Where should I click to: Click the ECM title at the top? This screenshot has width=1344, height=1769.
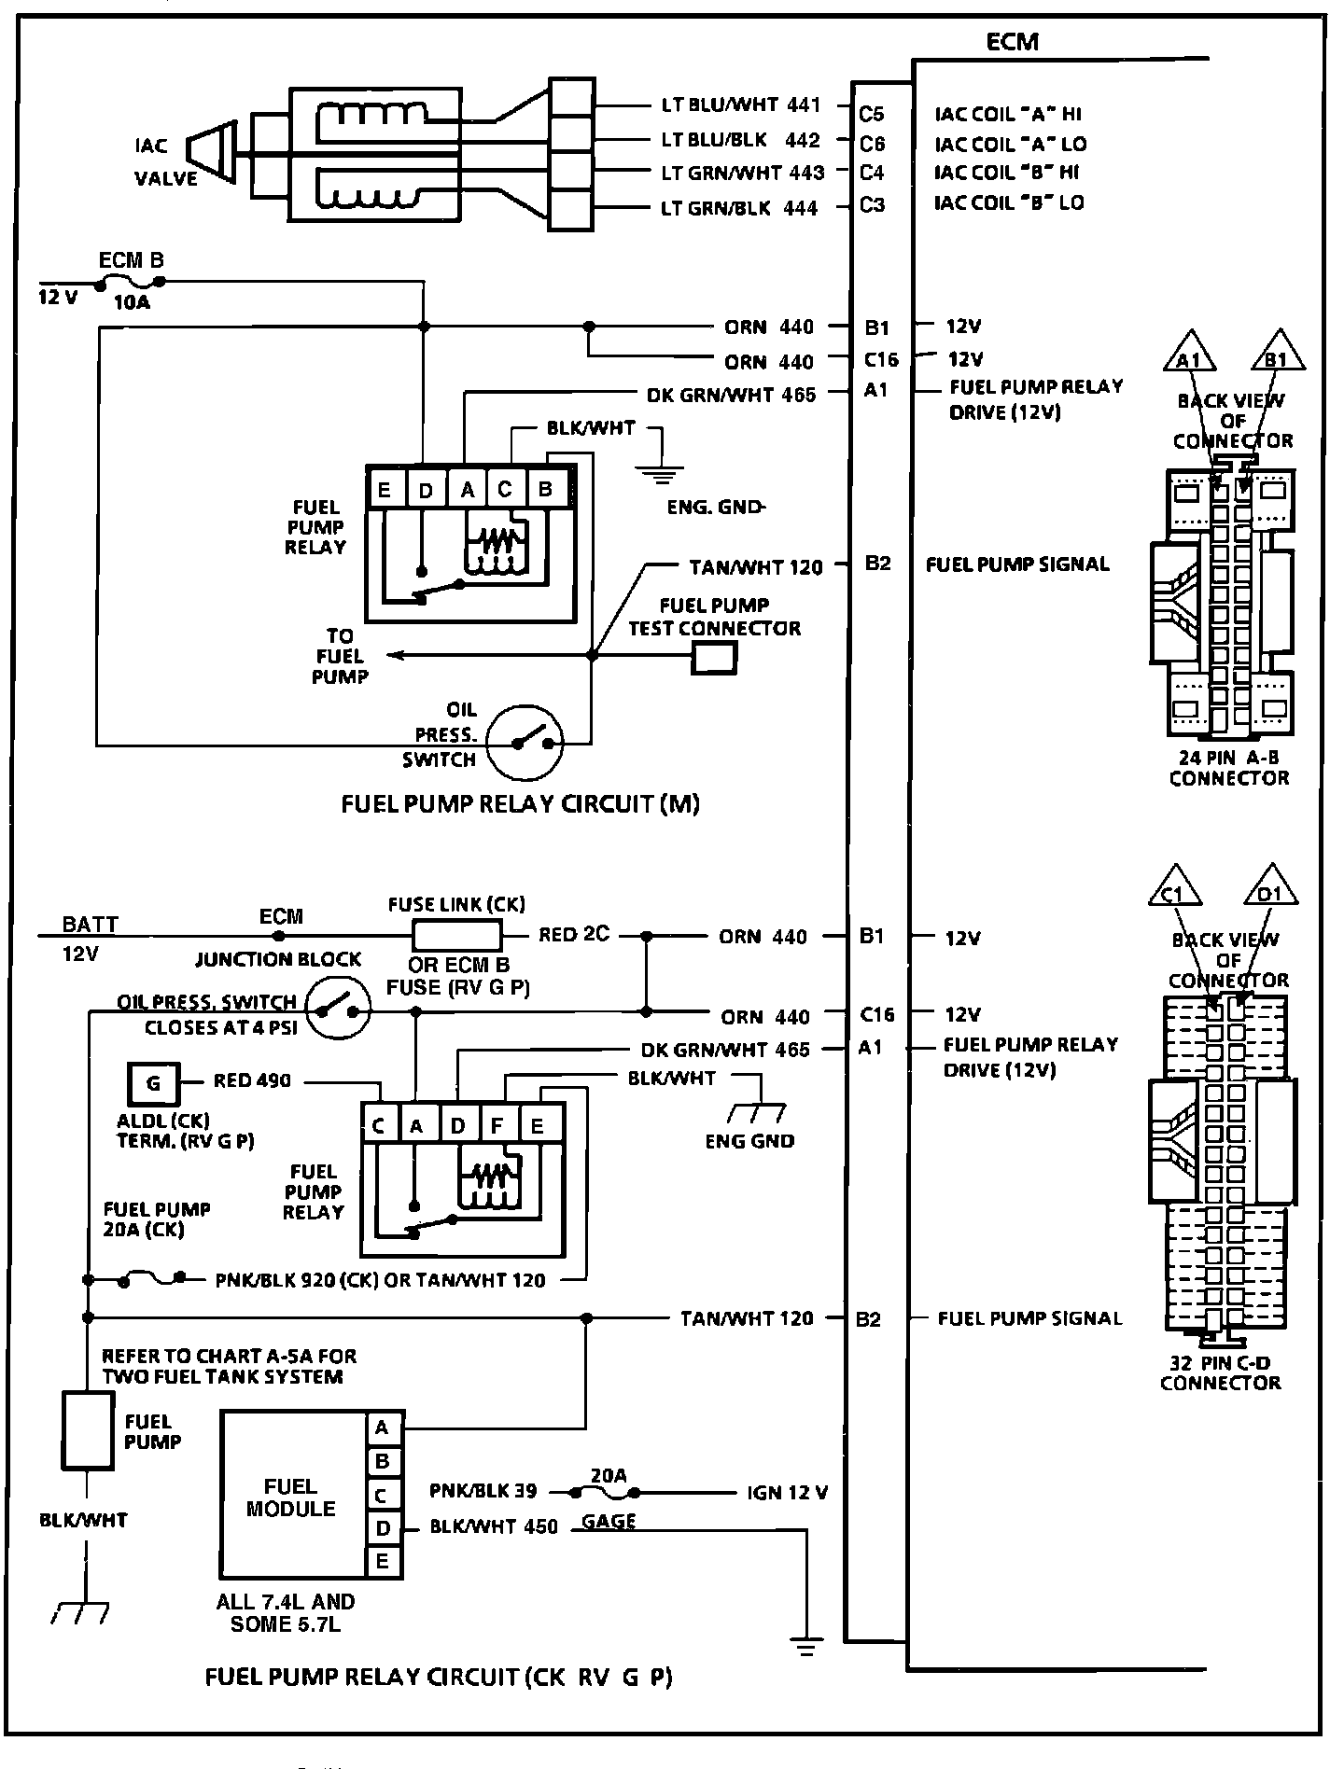click(x=1012, y=42)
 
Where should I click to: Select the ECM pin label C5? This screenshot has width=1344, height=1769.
click(x=871, y=114)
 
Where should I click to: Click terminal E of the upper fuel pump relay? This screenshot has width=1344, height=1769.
click(x=384, y=489)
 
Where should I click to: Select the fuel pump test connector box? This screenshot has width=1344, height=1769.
click(x=714, y=660)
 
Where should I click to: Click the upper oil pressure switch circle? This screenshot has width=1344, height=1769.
click(x=526, y=742)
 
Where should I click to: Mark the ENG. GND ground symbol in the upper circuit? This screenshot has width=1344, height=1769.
click(x=663, y=474)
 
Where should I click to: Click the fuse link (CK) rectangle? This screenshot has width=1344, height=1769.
click(x=456, y=934)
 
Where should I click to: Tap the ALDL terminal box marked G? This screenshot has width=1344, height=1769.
click(x=153, y=1082)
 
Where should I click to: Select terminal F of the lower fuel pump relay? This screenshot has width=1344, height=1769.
click(x=497, y=1125)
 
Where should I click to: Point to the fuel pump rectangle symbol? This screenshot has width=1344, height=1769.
click(x=87, y=1431)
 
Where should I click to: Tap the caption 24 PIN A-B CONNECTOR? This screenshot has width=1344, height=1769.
click(x=1228, y=768)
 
